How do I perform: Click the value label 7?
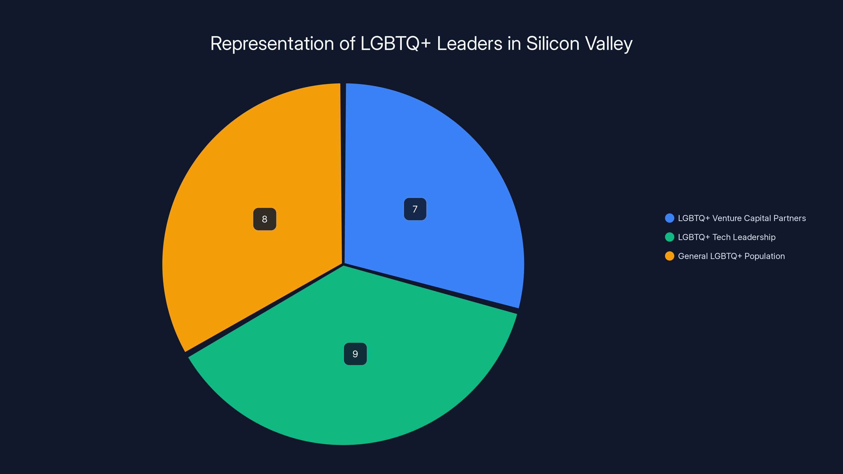[x=415, y=209]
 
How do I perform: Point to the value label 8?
[x=264, y=219]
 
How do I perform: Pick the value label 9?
[x=355, y=354]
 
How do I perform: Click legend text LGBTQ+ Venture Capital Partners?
[x=742, y=218]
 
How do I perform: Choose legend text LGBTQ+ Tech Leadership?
[x=727, y=237]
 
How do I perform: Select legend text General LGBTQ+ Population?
[x=731, y=256]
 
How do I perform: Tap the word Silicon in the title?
[x=553, y=43]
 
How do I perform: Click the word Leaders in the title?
[x=469, y=43]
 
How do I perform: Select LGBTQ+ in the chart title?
[x=395, y=43]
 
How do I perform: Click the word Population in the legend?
[x=764, y=256]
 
